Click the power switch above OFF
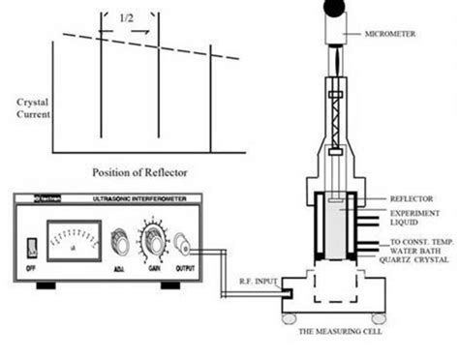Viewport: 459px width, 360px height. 31,243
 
